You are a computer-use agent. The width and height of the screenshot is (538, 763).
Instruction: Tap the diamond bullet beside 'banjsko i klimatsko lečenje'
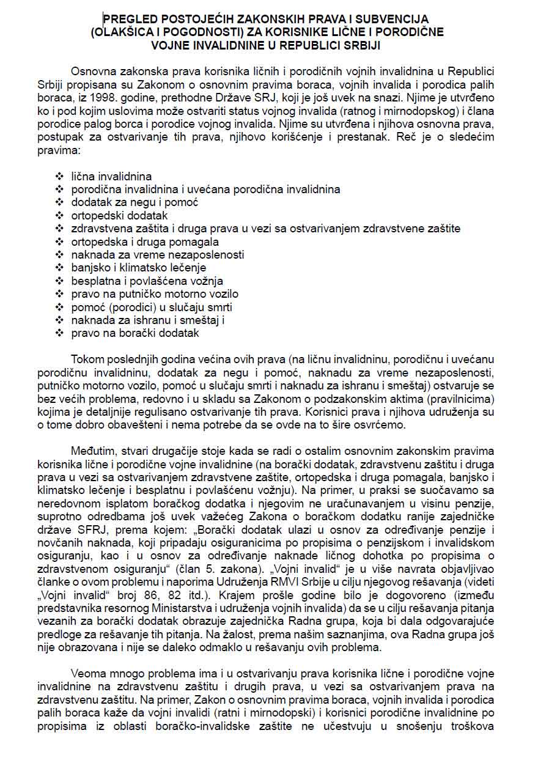(x=60, y=268)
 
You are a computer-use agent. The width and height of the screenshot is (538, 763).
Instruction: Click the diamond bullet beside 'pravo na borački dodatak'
(x=60, y=334)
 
